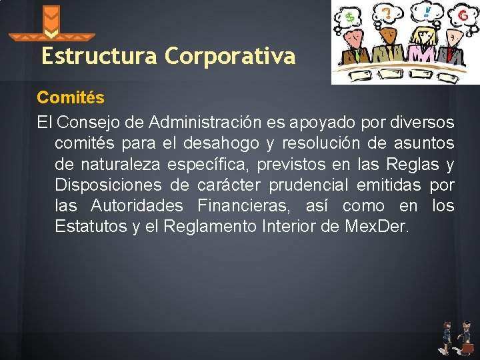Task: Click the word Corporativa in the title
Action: [229, 57]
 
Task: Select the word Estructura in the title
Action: [100, 57]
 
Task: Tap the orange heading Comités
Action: [71, 98]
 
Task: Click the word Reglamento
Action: [209, 227]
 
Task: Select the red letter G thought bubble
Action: [461, 14]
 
